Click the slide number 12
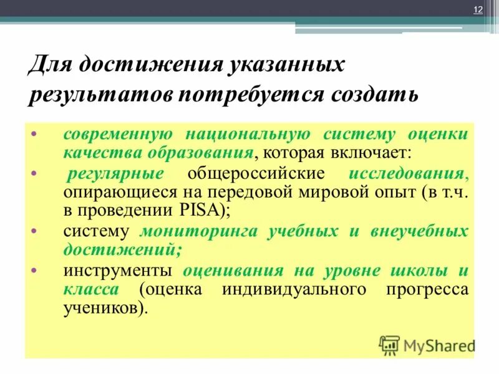[478, 9]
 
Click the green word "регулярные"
[116, 174]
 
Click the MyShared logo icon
[389, 344]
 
